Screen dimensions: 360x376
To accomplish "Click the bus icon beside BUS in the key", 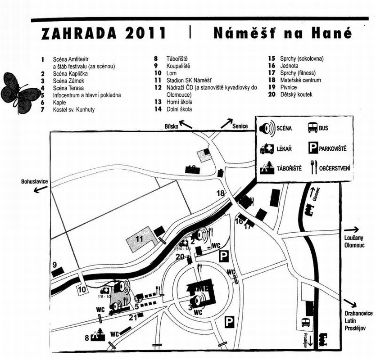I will (x=312, y=128).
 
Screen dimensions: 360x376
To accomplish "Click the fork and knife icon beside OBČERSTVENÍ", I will (x=312, y=168).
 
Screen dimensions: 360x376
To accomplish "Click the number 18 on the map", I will (x=221, y=193).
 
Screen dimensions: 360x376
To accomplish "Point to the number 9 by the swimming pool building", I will (x=55, y=265).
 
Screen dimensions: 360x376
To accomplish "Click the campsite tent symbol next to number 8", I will (x=97, y=334).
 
